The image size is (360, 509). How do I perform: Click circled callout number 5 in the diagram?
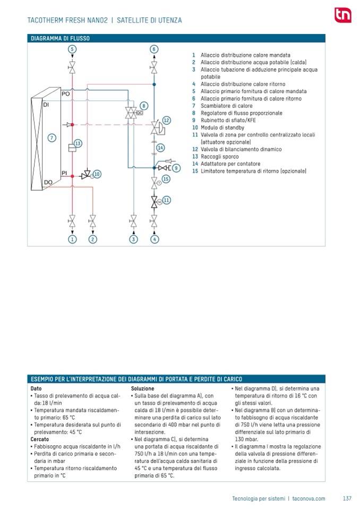[x=72, y=49]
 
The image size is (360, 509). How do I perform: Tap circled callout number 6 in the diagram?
[x=153, y=49]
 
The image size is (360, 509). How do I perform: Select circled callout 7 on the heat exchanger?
[x=52, y=138]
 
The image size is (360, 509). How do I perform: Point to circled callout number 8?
[x=143, y=106]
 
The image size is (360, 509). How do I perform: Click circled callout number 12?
[x=166, y=120]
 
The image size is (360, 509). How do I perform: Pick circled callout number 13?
[x=78, y=143]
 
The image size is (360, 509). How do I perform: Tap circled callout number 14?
[x=160, y=148]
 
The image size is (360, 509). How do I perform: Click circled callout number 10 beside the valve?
[x=97, y=174]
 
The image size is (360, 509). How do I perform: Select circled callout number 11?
[x=167, y=200]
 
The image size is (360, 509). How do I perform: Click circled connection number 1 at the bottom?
[x=72, y=239]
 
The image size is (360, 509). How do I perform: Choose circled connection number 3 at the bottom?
[x=133, y=239]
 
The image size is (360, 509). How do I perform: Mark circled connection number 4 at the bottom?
[x=154, y=239]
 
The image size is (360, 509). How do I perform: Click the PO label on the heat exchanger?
[x=66, y=94]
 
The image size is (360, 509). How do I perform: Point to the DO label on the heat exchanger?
[x=48, y=182]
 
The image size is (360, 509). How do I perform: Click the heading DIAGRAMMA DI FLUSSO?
[x=60, y=38]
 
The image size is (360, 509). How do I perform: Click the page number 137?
[x=347, y=498]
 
